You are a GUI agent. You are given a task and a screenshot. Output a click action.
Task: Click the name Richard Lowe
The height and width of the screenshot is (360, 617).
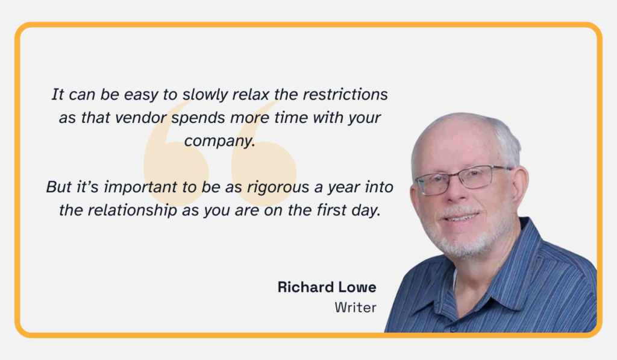tap(327, 287)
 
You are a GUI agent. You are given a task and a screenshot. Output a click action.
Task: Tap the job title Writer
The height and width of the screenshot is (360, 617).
tap(355, 308)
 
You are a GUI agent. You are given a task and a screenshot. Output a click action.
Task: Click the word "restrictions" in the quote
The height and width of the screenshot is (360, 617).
tap(345, 95)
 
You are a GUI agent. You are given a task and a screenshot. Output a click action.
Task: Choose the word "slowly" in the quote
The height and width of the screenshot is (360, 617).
tap(204, 95)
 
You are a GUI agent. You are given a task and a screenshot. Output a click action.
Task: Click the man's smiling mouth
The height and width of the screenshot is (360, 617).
tap(463, 216)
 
